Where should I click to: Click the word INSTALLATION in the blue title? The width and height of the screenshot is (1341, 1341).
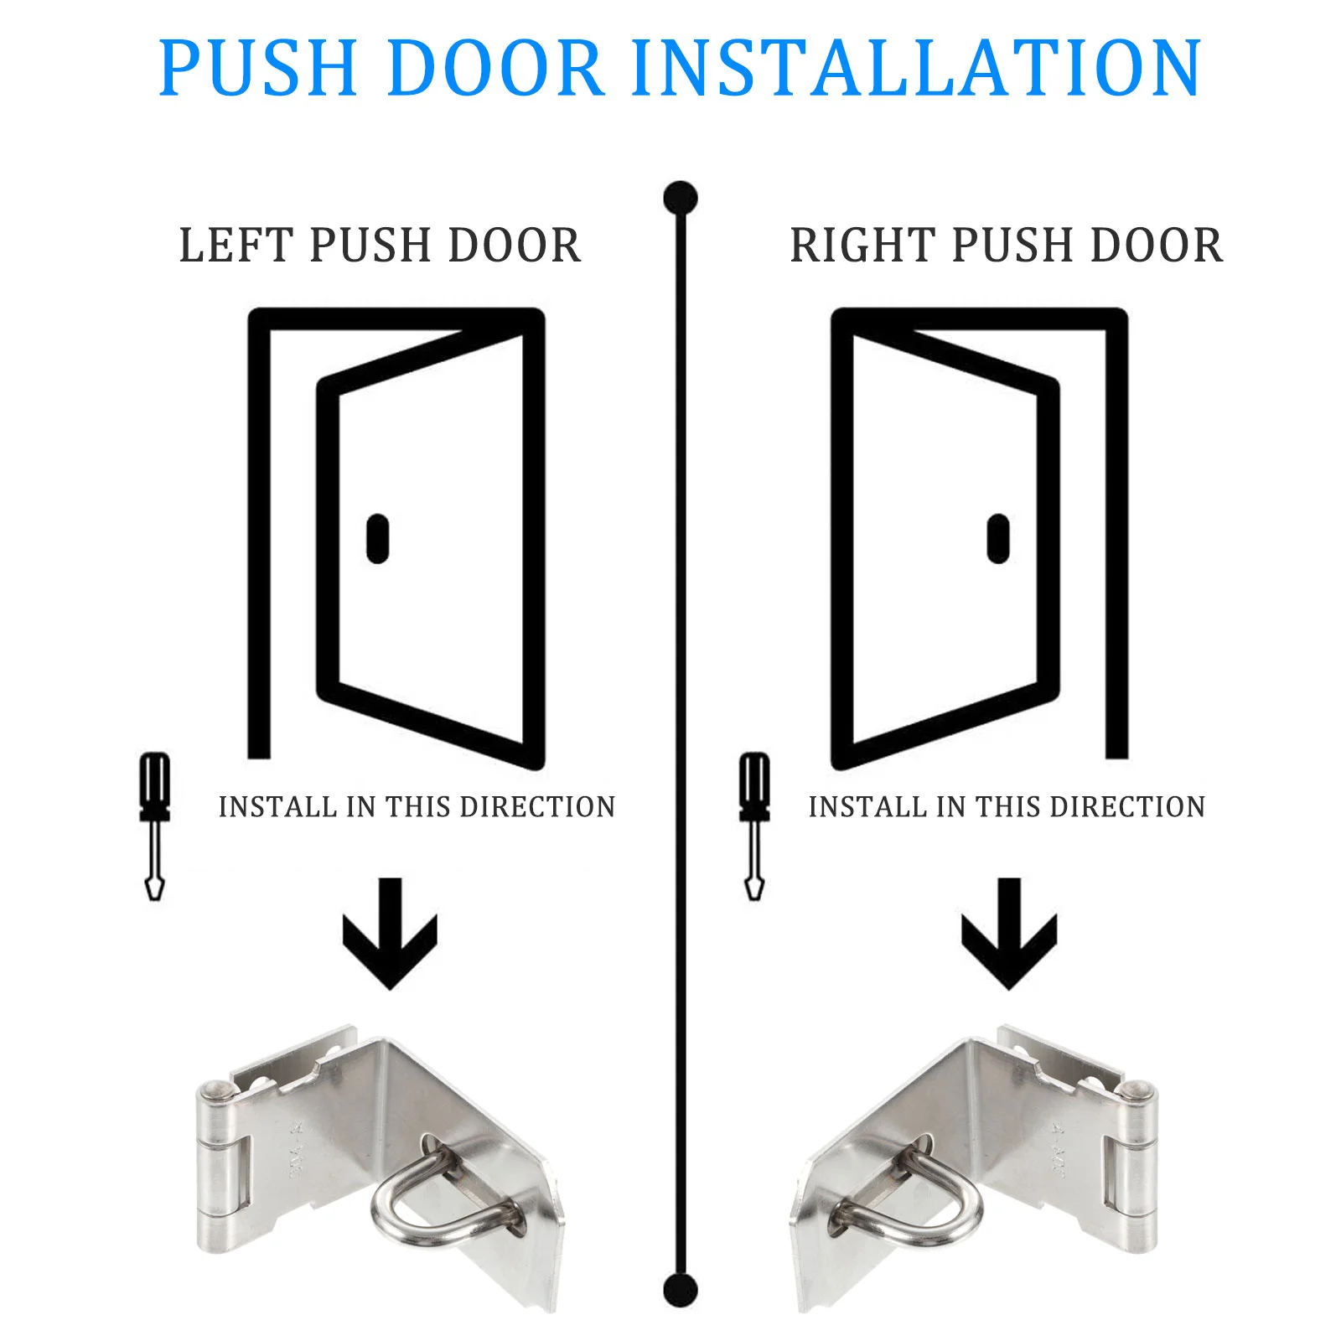[917, 67]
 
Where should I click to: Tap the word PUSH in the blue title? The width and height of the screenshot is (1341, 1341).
[259, 67]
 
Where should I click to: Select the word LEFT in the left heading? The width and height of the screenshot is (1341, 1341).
[237, 246]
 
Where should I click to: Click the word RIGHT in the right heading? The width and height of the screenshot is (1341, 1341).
[863, 246]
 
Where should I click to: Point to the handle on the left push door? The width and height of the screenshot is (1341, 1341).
[378, 538]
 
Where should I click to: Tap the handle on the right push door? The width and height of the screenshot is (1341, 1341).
[997, 538]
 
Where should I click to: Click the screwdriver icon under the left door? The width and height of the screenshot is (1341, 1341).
[154, 826]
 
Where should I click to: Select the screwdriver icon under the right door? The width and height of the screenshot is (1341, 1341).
[754, 826]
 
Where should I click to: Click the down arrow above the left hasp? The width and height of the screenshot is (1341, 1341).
[390, 934]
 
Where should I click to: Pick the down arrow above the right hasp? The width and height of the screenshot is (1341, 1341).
[1009, 934]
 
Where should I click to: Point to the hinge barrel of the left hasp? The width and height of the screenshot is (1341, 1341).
[215, 1168]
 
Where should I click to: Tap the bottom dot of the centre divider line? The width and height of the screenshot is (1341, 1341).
[680, 1290]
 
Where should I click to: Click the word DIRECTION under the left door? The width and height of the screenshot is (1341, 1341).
[538, 807]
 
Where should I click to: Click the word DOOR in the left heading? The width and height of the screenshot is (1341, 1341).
[515, 246]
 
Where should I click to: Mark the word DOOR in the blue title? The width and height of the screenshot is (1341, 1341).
[495, 67]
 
